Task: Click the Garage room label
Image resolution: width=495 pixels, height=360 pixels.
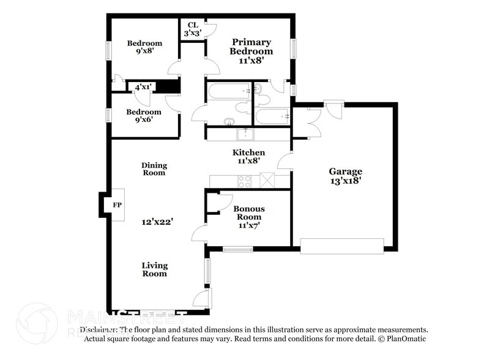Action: (x=345, y=171)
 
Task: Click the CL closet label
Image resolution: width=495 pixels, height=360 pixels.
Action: (x=192, y=25)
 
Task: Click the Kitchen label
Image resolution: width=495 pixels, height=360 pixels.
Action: (x=248, y=152)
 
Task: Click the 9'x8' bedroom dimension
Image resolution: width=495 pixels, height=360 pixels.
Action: (x=144, y=52)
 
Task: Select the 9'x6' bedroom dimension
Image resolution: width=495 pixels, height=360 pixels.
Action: (x=144, y=120)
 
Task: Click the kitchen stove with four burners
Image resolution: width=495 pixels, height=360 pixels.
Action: (x=245, y=181)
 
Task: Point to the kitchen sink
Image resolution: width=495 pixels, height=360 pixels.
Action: (x=248, y=135)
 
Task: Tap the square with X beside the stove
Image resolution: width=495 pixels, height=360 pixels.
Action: (x=267, y=181)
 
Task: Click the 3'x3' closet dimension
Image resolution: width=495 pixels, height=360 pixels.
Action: (x=192, y=33)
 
